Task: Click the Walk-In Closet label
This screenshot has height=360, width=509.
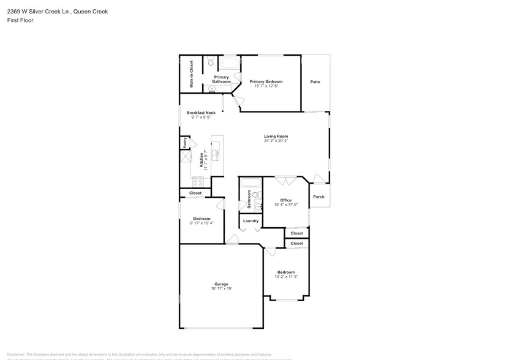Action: pos(191,74)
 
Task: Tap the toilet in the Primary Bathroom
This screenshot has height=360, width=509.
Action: pos(210,61)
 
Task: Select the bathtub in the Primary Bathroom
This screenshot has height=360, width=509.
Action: pos(230,63)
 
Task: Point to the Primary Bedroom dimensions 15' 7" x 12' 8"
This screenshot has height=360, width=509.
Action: pos(266,86)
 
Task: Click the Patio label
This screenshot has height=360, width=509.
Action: pos(315,81)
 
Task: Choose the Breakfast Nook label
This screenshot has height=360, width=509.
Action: pos(201,113)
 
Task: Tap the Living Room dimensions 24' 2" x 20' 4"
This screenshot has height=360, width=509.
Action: pos(276,141)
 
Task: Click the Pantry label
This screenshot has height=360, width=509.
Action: pos(184,143)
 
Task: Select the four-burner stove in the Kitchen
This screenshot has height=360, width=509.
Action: pos(198,181)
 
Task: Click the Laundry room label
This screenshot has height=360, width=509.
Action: pos(251,221)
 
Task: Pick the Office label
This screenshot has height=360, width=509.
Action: pos(285,200)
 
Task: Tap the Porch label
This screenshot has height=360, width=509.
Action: pos(319,197)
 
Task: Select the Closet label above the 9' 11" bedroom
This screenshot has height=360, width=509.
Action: pos(195,193)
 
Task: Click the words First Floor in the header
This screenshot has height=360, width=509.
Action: pos(21,20)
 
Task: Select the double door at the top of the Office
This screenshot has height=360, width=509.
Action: pos(284,181)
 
